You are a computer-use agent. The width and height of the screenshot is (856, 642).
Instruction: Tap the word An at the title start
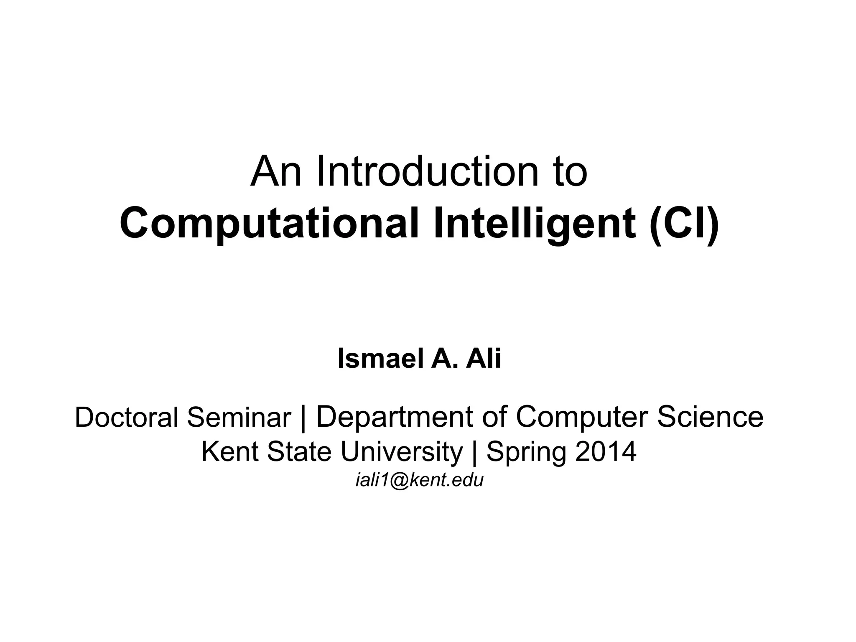[275, 172]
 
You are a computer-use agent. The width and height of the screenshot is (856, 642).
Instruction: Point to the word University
[402, 452]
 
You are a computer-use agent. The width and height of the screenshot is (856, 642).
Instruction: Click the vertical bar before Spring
[474, 452]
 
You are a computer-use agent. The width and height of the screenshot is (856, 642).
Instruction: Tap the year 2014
[606, 452]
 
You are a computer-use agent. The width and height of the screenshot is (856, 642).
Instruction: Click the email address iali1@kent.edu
[419, 480]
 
